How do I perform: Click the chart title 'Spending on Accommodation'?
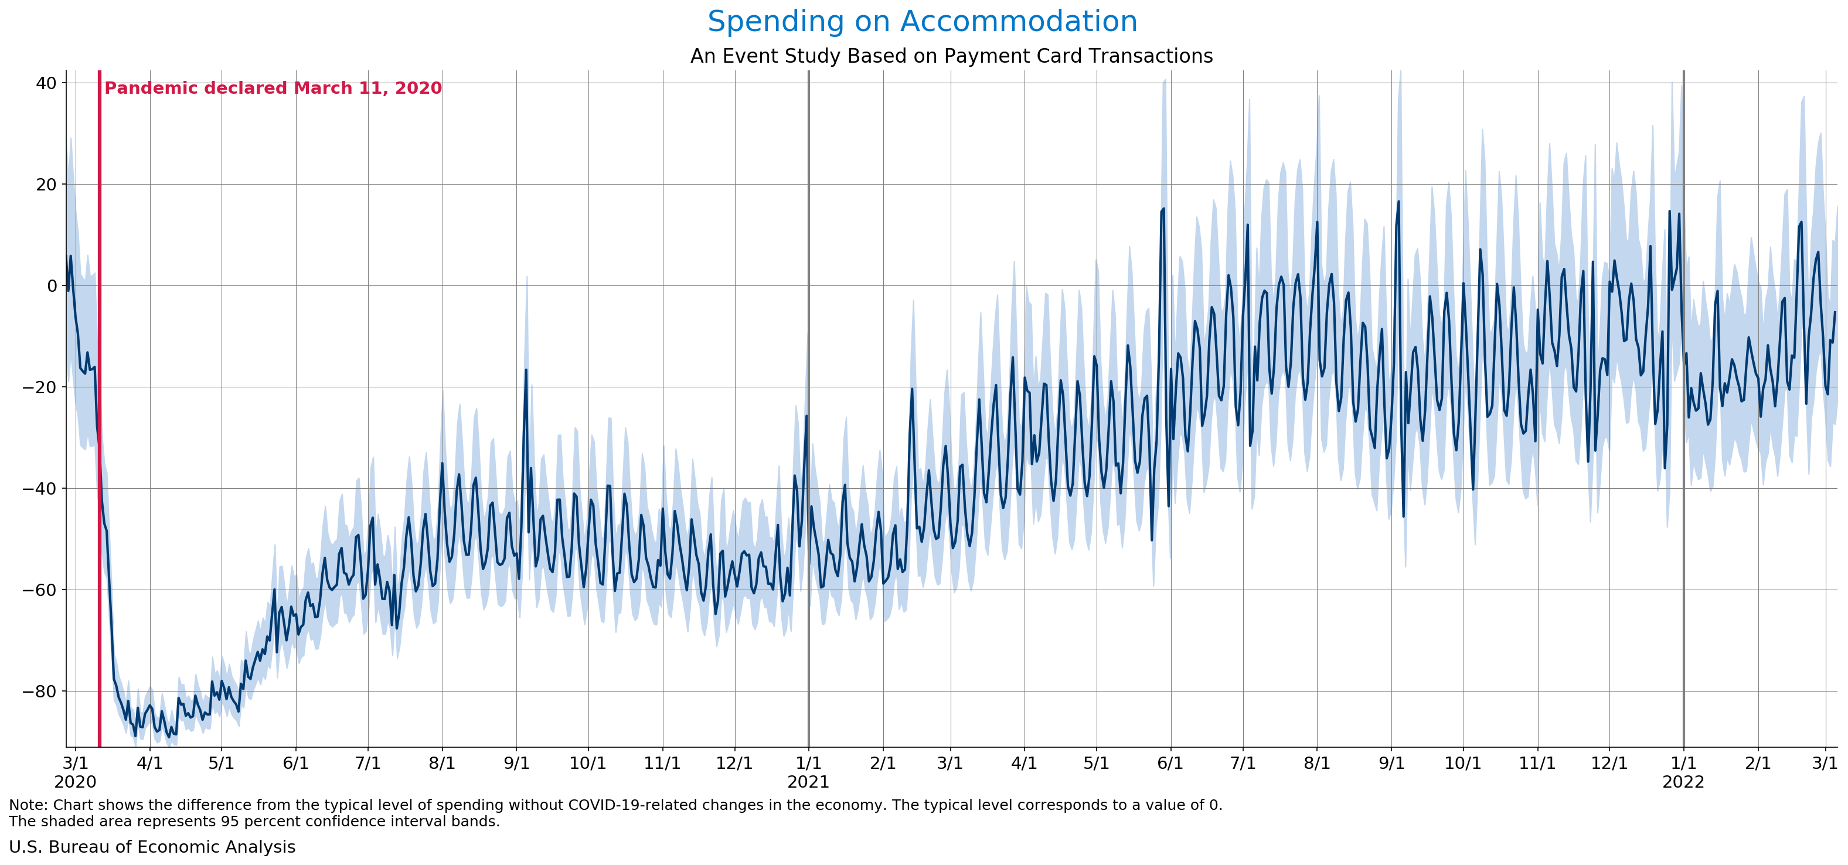point(922,22)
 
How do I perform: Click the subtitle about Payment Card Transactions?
point(951,56)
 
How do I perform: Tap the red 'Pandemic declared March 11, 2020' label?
point(273,88)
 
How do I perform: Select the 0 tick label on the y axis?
point(52,286)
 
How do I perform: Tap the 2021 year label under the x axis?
point(808,782)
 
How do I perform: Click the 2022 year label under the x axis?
point(1682,782)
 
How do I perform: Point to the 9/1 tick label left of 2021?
point(516,763)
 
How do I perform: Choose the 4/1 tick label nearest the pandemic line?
point(149,763)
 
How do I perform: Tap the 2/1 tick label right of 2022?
point(1758,763)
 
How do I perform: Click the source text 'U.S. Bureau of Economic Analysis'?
point(152,847)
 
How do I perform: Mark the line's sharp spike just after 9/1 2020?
point(526,371)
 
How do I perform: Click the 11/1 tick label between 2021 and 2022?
point(1537,763)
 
